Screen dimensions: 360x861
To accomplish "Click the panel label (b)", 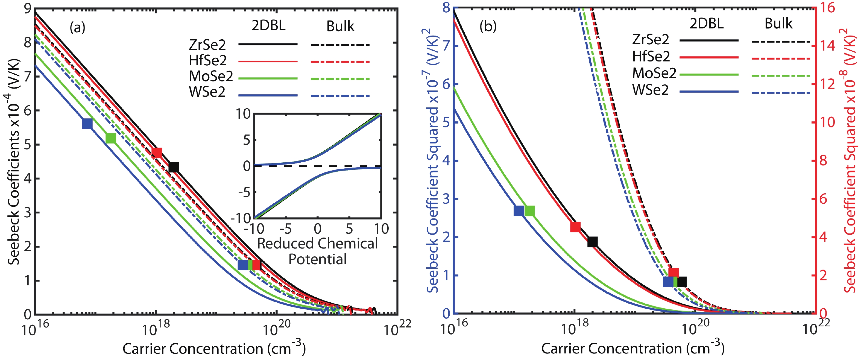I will (488, 26).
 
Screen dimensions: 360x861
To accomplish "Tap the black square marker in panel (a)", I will (174, 167).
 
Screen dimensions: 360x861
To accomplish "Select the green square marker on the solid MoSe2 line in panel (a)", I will (111, 138).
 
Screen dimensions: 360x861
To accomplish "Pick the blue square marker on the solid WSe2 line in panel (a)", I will (87, 124).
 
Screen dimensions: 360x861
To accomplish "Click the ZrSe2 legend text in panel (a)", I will (207, 45).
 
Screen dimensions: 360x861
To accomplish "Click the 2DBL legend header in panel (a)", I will (268, 26).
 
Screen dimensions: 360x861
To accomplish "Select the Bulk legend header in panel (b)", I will (778, 24).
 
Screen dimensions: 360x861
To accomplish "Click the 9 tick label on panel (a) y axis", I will (28, 9).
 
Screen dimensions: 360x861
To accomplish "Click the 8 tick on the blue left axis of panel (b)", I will (447, 7).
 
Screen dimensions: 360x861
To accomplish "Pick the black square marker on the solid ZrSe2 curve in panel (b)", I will (592, 242).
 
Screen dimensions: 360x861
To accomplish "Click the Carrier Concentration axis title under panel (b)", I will (633, 349).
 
